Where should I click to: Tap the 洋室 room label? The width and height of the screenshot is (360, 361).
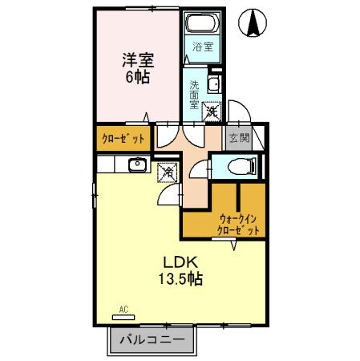pos(137,59)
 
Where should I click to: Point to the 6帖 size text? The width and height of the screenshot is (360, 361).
pos(137,78)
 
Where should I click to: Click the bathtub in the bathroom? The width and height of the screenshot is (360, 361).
pos(203,26)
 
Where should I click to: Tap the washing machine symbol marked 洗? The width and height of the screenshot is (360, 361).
pos(212,112)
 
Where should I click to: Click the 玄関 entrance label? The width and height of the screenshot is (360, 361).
pos(238,138)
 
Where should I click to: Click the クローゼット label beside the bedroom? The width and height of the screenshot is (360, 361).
pos(123,139)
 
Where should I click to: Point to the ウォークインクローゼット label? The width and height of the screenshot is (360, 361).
pos(239,224)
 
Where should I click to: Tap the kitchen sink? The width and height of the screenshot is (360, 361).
pos(135,165)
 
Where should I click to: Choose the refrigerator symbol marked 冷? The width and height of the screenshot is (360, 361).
pos(168,171)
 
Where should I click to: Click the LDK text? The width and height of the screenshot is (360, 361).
pos(180,262)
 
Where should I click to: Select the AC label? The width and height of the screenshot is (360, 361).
pos(123,308)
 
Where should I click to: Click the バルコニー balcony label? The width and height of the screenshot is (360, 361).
pos(152,340)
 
